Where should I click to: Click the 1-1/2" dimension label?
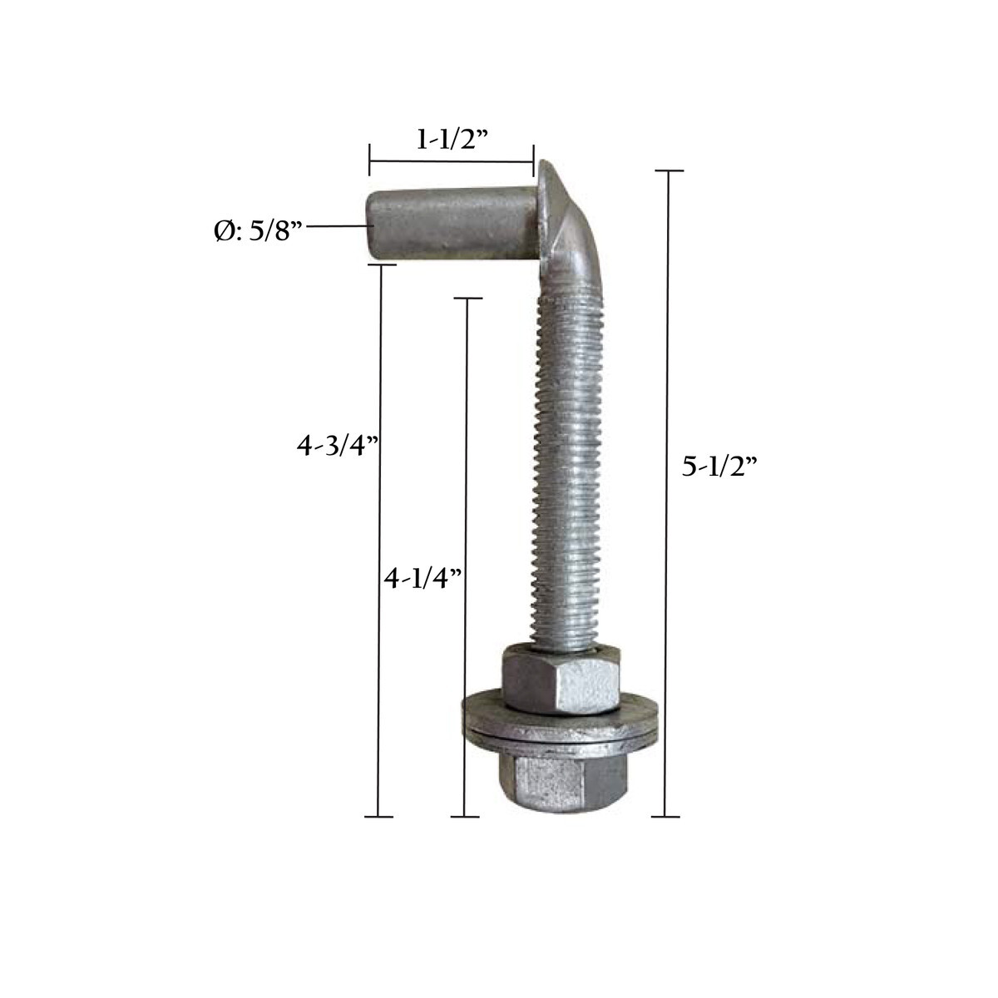[x=451, y=140]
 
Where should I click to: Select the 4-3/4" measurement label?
[x=338, y=446]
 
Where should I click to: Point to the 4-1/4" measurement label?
[x=422, y=578]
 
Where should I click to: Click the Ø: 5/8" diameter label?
[x=256, y=231]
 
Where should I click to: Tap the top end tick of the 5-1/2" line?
[x=667, y=170]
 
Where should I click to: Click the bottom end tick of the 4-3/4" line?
[x=379, y=817]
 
